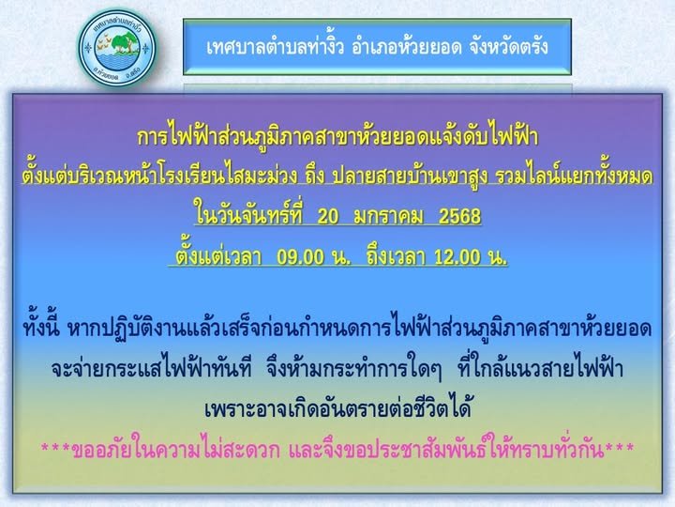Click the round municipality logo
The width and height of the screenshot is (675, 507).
point(116,48)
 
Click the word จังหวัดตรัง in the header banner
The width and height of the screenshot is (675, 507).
point(504,47)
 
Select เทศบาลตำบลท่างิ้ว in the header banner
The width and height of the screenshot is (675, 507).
point(275,47)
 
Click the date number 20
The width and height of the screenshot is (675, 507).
point(328,217)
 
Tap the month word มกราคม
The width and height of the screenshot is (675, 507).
point(389,217)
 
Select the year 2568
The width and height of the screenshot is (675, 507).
point(459,217)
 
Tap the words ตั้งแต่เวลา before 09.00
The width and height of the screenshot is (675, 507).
point(218,255)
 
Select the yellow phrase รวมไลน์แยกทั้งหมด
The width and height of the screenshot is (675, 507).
point(575,175)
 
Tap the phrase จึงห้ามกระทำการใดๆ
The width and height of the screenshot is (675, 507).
point(353,369)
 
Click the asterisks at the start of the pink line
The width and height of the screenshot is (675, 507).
point(55,448)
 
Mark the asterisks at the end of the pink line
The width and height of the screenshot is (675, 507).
point(620,448)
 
